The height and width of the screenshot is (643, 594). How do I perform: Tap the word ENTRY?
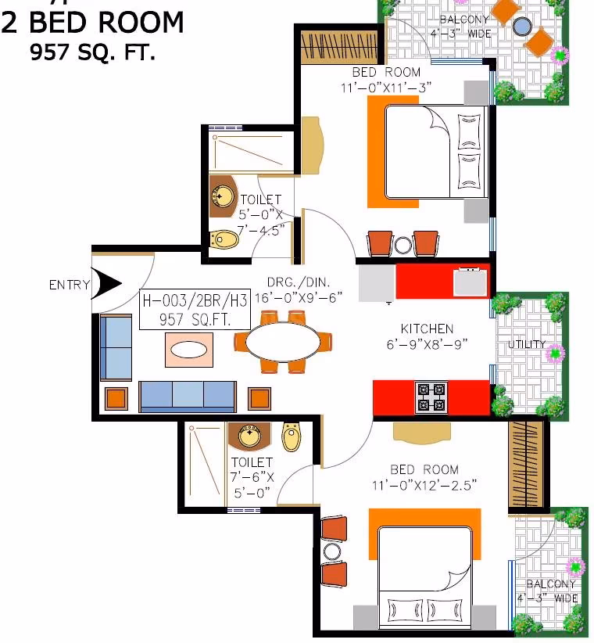[70, 285]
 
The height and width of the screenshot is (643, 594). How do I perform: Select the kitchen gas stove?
[431, 397]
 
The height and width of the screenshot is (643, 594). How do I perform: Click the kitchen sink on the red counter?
[471, 282]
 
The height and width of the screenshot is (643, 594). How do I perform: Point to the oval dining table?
[283, 342]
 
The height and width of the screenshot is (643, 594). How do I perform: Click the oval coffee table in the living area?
[189, 350]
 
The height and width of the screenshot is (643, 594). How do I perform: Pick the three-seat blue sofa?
[188, 396]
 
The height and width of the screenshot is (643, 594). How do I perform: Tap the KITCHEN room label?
[427, 329]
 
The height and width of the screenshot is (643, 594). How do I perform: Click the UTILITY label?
[527, 344]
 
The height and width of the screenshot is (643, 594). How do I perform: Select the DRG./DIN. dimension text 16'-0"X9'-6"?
[299, 298]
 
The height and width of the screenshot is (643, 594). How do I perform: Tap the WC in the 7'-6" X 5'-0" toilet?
[292, 436]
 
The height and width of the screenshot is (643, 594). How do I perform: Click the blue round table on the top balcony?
[522, 27]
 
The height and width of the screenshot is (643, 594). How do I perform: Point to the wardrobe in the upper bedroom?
[339, 47]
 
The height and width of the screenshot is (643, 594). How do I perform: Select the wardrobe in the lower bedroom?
[526, 465]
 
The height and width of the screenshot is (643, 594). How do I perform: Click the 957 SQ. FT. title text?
[92, 52]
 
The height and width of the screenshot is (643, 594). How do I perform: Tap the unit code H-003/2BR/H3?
[195, 300]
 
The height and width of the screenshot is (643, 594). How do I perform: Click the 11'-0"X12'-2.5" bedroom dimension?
[424, 486]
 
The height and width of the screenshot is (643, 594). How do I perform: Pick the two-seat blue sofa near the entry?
[116, 348]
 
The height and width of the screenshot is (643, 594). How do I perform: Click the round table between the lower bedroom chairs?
[332, 552]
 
